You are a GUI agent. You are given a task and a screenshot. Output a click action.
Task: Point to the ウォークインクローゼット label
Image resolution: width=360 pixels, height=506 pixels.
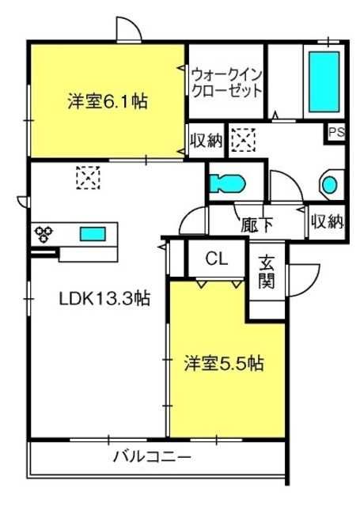pos(226,81)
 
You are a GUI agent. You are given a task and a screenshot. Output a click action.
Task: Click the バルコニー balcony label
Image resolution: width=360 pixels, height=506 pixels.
pos(151,457)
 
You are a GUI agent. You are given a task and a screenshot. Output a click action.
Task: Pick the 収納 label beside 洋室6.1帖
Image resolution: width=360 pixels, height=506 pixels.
pos(207,141)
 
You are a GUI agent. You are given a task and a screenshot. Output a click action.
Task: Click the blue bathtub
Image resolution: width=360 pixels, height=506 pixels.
pos(324,81)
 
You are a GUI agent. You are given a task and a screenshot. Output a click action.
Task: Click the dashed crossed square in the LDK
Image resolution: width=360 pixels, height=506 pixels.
pos(86,177)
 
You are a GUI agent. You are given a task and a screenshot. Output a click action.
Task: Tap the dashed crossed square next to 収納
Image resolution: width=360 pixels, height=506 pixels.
pos(243,141)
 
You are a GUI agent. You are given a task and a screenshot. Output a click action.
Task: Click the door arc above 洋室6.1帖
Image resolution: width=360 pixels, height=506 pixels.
pos(128,28)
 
